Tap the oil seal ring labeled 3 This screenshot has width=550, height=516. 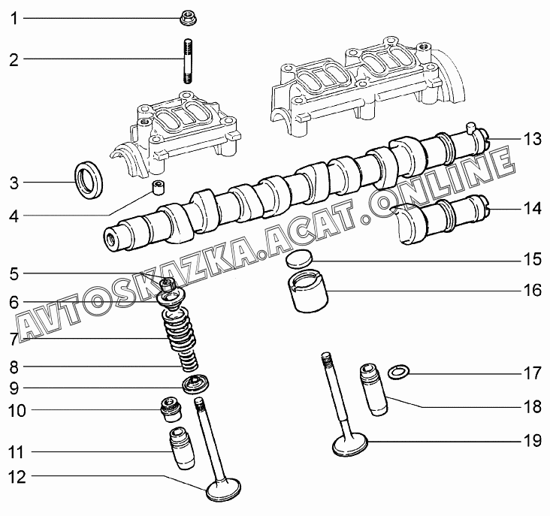(x=90, y=180)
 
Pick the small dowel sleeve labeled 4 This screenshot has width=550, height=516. (x=159, y=186)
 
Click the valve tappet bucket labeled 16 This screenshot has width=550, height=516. (x=307, y=296)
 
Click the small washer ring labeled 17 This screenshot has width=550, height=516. (x=397, y=371)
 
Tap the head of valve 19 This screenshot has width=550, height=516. (x=351, y=445)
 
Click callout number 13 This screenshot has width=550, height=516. (x=532, y=139)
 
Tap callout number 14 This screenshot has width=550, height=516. (x=532, y=208)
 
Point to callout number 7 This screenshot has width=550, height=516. (x=14, y=339)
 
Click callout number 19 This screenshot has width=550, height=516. (x=532, y=441)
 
